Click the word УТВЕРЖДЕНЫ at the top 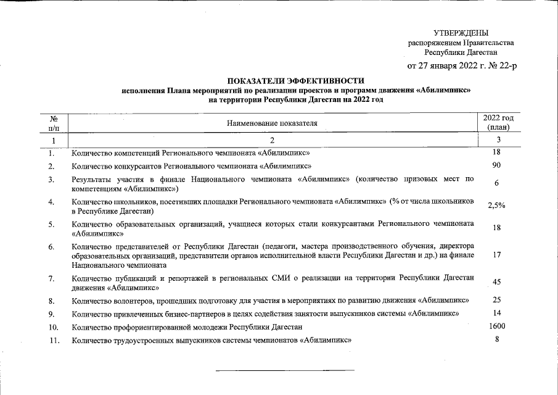point(461,33)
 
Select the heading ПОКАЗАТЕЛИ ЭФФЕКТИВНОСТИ point(296,81)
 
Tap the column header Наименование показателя point(272,123)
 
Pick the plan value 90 point(496,165)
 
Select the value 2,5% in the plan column point(496,206)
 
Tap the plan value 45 point(496,282)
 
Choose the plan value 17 point(496,255)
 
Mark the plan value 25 point(496,299)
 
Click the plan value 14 point(496,313)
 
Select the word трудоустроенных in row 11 point(142,340)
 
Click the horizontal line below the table point(284,370)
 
